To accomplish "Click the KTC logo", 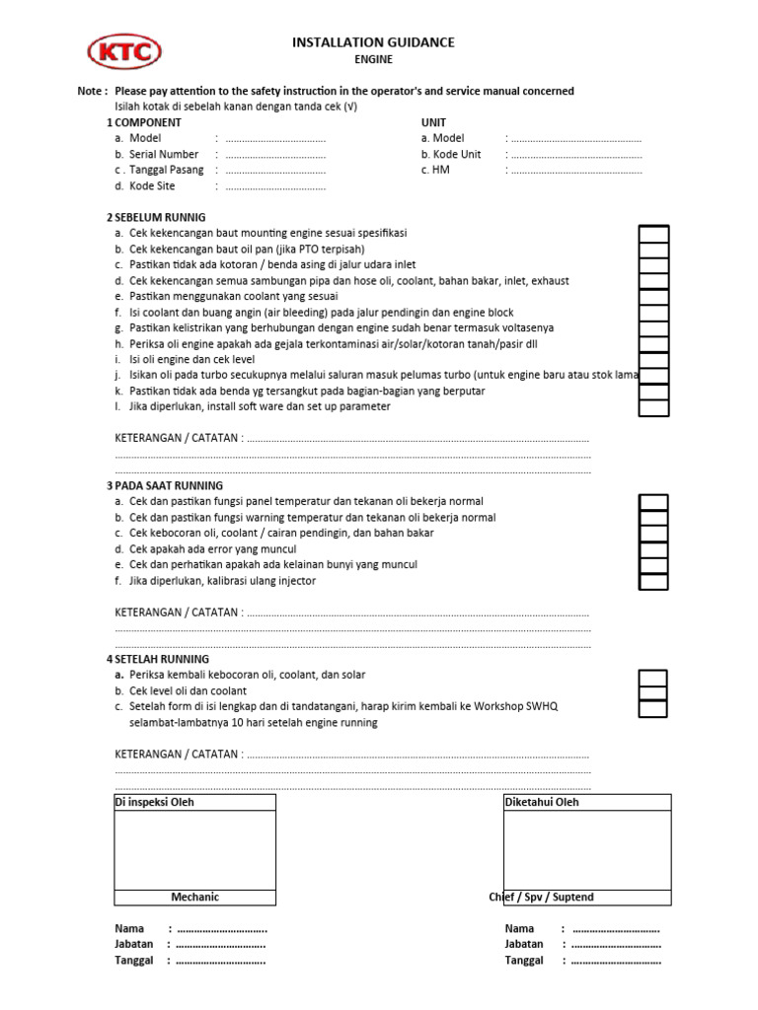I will pos(124,52).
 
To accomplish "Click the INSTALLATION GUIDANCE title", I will pos(373,42).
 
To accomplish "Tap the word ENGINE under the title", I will pos(374,59).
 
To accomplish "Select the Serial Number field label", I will pos(163,155).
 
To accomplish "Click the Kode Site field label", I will pos(151,186).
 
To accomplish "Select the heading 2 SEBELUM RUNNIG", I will pos(156,217).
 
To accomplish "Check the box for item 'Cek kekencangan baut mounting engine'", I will pos(653,234).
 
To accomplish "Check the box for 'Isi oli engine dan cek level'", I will pos(653,360).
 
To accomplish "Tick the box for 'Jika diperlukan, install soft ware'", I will pos(653,407).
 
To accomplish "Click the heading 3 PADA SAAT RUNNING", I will pos(165,486).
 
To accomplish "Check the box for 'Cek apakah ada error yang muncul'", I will pos(653,549).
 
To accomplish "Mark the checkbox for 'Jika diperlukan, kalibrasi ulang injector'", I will pos(653,581).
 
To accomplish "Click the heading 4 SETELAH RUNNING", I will pos(158,660).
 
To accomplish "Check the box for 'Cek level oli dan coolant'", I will pos(653,692).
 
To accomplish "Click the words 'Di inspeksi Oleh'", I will pos(155,802).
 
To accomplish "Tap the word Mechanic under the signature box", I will pos(194,898).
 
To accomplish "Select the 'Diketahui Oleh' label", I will pos(542,802).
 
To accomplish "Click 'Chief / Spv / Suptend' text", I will pos(541,898).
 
